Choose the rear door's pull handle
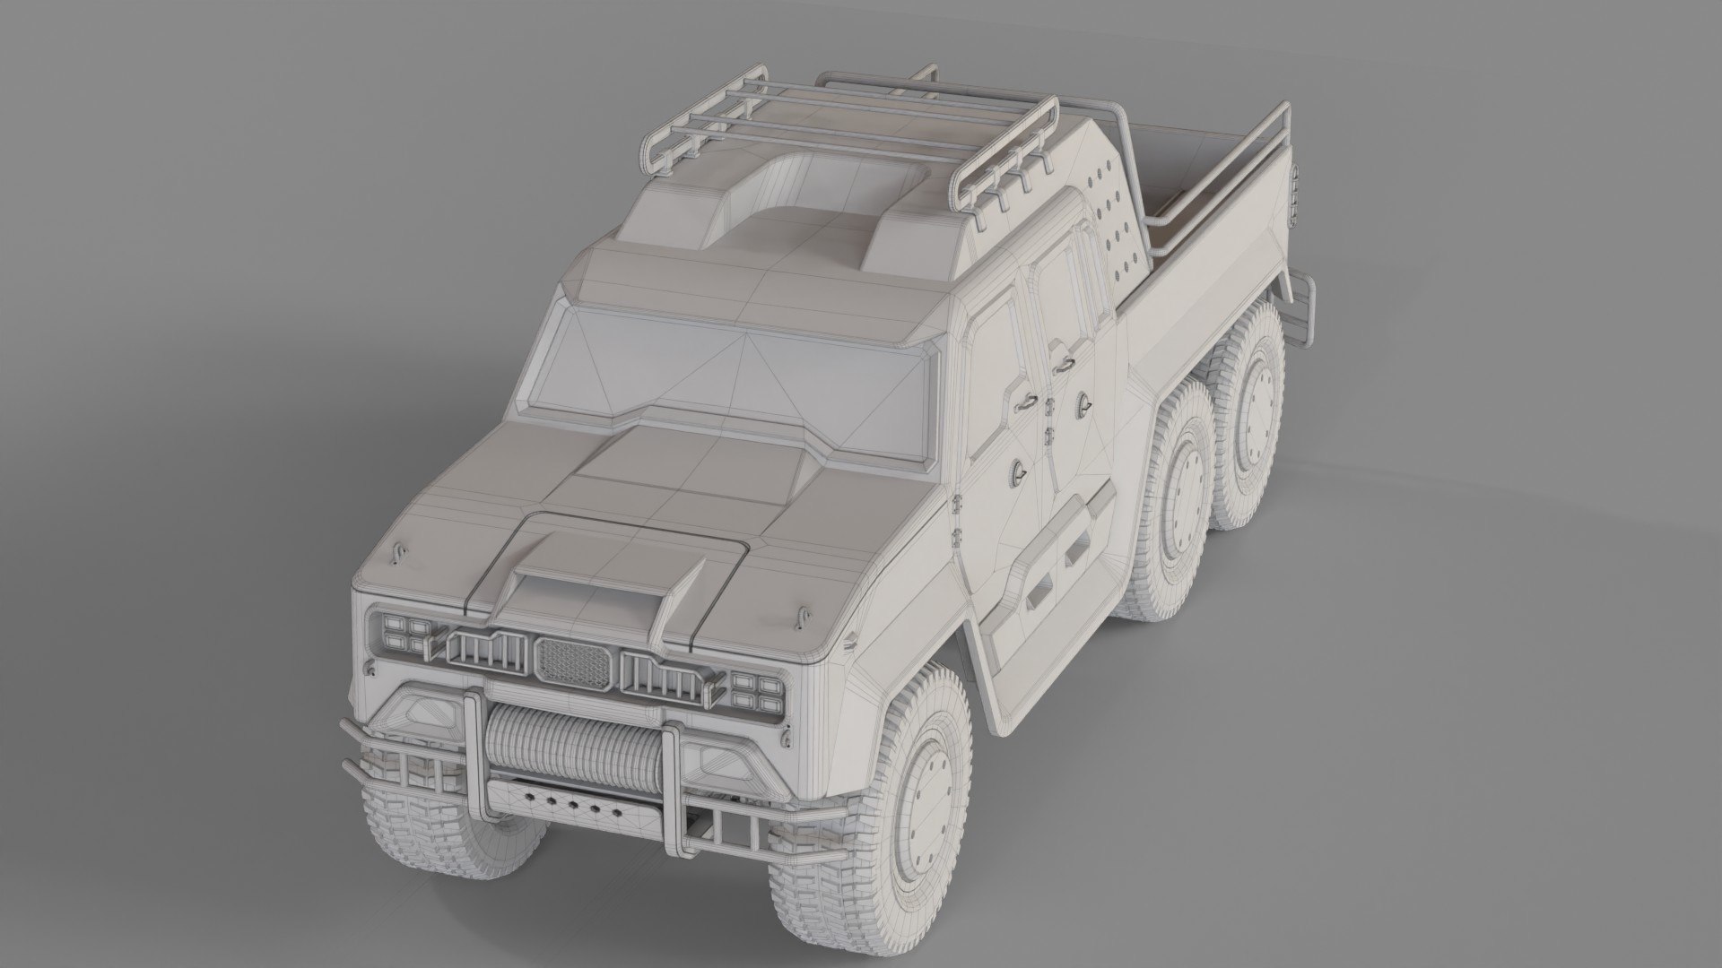(x=1064, y=363)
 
